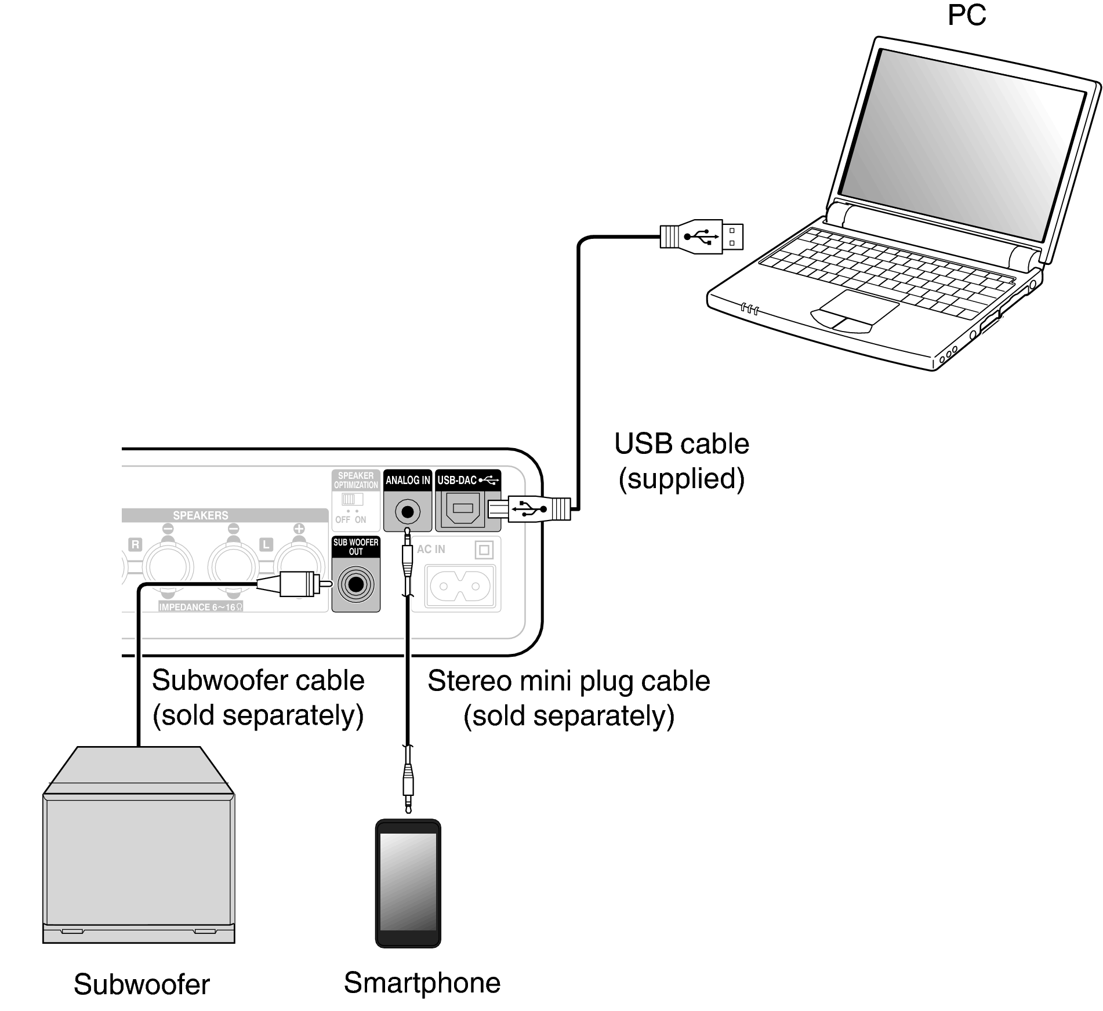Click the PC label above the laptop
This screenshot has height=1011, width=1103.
point(966,15)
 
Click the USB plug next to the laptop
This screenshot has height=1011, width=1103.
point(702,237)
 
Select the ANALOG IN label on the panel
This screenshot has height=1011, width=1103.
point(408,480)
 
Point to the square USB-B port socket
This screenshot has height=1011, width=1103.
point(462,508)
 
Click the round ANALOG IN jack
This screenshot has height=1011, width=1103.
point(408,512)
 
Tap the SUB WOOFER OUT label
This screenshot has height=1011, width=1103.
point(355,547)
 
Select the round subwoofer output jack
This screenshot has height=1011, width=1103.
point(355,584)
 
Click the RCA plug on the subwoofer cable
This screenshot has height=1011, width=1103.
point(296,584)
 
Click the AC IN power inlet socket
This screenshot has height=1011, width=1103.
point(460,586)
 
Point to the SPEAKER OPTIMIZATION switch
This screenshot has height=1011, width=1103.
point(351,499)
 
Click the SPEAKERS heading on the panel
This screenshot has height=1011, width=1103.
point(200,515)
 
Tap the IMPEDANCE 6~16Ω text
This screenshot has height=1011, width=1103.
point(200,607)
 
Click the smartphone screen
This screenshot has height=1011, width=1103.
point(408,881)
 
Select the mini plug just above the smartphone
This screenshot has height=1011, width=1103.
point(408,783)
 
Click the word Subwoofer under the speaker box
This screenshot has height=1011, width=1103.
point(141,984)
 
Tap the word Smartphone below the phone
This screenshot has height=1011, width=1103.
point(422,983)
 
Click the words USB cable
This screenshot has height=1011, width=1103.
point(681,444)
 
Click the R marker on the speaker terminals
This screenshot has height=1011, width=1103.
point(135,544)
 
